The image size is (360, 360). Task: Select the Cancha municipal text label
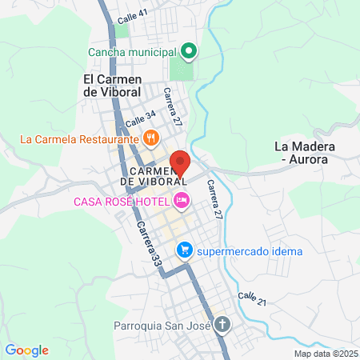pos(132,54)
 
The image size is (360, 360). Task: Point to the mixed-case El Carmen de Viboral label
pos(112,85)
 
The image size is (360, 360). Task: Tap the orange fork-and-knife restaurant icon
pos(150,138)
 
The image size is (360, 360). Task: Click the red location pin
pos(180,163)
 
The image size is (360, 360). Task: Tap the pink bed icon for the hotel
pos(182,200)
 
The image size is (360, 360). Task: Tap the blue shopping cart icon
pos(185,251)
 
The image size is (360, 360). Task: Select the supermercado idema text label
pos(250,252)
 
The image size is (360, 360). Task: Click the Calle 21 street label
pos(251,298)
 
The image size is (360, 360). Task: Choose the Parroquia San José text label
pos(160,326)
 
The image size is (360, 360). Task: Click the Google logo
pos(26,350)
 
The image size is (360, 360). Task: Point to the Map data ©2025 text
pos(326,354)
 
